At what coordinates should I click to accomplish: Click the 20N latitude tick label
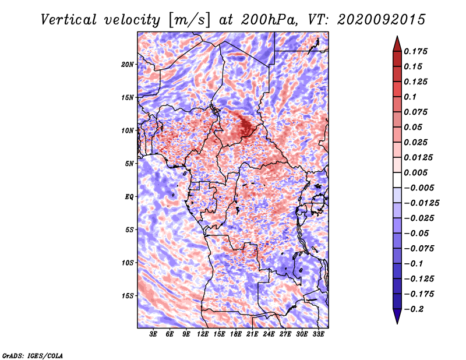(x=128, y=65)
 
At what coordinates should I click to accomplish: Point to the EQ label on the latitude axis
(x=129, y=197)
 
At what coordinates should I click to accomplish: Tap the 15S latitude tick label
(x=128, y=296)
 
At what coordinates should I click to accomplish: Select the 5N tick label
(x=129, y=164)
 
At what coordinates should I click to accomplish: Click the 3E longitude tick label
(x=153, y=334)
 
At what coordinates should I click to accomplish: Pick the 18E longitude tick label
(x=235, y=334)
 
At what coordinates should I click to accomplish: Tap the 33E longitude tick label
(x=318, y=334)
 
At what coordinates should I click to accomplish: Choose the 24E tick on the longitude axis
(x=269, y=334)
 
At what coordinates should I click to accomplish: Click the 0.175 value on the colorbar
(x=415, y=51)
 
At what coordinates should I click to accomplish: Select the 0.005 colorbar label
(x=415, y=172)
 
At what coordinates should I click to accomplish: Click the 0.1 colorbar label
(x=410, y=97)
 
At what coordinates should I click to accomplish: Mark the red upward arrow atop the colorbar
(x=397, y=44)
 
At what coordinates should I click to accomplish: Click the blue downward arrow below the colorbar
(x=397, y=316)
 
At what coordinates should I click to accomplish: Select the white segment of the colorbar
(x=397, y=180)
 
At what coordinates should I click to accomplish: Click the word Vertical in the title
(x=69, y=20)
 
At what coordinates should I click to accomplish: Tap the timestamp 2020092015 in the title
(x=382, y=20)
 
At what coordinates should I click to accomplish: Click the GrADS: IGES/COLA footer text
(x=33, y=356)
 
